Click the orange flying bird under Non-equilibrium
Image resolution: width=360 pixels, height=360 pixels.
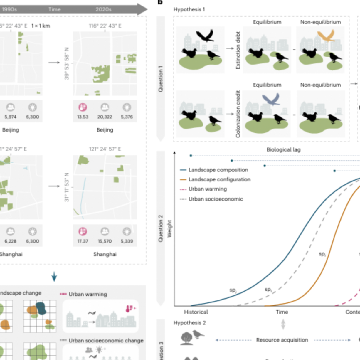point(326,36)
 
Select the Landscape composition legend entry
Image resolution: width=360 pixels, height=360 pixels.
point(218,170)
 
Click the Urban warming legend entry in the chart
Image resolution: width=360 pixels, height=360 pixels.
point(208,189)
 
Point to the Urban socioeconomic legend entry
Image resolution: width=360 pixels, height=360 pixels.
point(216,199)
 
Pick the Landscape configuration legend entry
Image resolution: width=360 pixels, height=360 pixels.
point(219,179)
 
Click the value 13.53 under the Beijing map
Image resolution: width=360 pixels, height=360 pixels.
point(83,117)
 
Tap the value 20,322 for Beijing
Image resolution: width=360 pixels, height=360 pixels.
point(105,117)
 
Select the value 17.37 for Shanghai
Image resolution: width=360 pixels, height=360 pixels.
point(83,241)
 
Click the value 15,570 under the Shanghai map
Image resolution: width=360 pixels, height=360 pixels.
point(105,241)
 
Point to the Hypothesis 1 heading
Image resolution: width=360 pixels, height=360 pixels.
point(189,9)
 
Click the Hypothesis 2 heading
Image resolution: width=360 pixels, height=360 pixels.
point(189,323)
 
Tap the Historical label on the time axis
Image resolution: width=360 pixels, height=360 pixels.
point(196,312)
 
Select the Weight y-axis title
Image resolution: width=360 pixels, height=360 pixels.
point(169,229)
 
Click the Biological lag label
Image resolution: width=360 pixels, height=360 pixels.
point(283,149)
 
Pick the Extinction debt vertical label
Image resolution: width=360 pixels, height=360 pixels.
point(238,50)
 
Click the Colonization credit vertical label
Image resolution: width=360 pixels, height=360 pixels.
point(238,114)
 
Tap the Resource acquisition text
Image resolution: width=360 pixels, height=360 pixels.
point(282,340)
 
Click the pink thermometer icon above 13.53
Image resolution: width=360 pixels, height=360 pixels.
point(83,107)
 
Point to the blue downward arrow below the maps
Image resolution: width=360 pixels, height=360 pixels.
point(54,276)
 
